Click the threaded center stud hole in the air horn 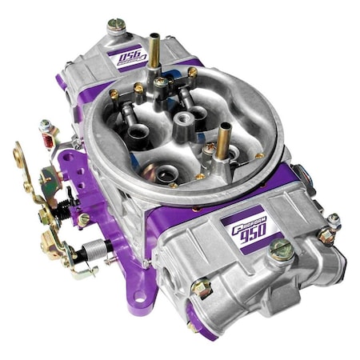click(x=186, y=118)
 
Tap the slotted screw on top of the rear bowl click(x=117, y=26)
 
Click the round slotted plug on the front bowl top click(x=281, y=249)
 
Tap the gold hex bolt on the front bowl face click(x=202, y=289)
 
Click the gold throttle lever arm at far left click(x=21, y=157)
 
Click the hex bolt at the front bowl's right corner click(x=326, y=235)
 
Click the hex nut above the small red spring click(x=46, y=126)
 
